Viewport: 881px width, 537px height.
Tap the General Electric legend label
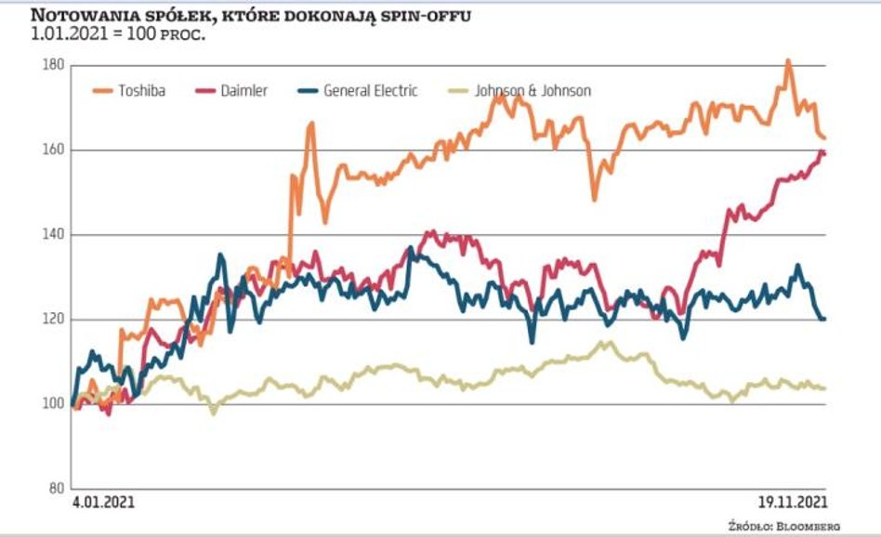[371, 91]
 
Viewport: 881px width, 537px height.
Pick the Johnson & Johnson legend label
[533, 91]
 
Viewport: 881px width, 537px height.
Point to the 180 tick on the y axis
[53, 65]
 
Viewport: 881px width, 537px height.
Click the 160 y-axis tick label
[53, 150]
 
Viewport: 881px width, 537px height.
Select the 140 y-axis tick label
[53, 234]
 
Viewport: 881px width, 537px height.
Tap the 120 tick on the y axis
[53, 319]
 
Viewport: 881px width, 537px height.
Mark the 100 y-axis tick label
[53, 404]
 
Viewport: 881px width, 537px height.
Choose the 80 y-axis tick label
[55, 489]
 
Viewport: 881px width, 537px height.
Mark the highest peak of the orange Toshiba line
[788, 61]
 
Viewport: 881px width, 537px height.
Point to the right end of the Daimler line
[823, 152]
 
